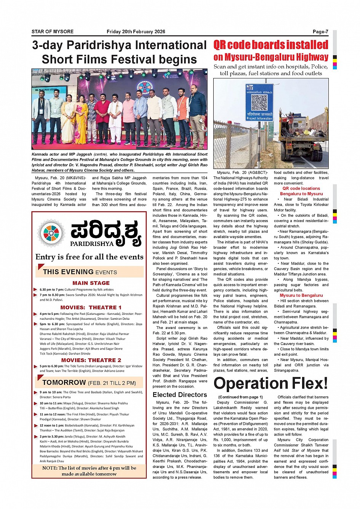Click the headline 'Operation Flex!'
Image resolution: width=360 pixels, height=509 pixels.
[x=270, y=383]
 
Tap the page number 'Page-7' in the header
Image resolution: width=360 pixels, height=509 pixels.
[x=320, y=32]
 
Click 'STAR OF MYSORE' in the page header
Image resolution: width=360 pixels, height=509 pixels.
[x=53, y=32]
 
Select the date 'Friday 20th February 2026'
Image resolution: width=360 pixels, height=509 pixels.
[x=136, y=32]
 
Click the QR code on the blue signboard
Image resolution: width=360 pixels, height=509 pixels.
[x=259, y=102]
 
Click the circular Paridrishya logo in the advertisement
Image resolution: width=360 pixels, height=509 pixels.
[x=51, y=233]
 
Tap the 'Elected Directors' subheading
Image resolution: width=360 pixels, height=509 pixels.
[x=180, y=395]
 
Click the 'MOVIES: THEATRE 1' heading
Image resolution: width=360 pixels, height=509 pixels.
[x=91, y=307]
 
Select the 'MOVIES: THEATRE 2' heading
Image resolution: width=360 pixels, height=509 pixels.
[x=91, y=360]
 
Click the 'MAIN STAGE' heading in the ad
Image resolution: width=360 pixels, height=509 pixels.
[x=91, y=283]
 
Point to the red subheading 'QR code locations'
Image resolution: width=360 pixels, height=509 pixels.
[x=301, y=188]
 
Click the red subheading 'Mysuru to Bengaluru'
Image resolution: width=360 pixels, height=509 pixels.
[x=301, y=295]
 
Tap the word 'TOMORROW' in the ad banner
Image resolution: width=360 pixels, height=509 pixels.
[x=64, y=383]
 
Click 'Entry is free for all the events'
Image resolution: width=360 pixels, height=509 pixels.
[x=90, y=257]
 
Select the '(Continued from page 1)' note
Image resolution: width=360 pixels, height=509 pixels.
[x=240, y=397]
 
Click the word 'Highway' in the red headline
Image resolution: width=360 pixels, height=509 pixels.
[x=311, y=57]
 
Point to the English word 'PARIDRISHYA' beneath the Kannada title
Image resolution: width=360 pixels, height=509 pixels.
[x=92, y=244]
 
